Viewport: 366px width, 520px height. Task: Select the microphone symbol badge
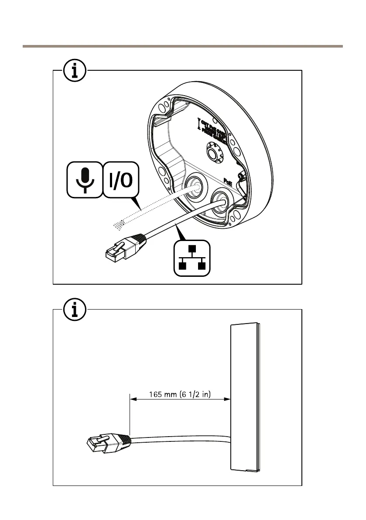[x=85, y=179]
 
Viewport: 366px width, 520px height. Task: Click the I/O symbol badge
[x=121, y=179]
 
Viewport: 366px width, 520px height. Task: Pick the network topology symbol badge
[x=192, y=259]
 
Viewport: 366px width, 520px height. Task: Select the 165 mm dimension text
[x=180, y=394]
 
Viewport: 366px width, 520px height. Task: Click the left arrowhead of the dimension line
[x=133, y=399]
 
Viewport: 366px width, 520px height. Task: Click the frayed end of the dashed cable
[x=118, y=225]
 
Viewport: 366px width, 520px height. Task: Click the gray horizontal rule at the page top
[x=183, y=46]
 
